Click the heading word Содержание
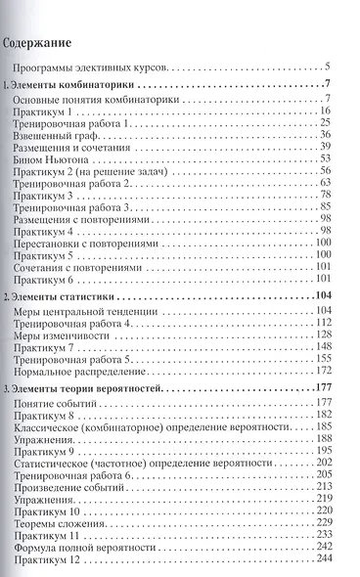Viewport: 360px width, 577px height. pos(43,43)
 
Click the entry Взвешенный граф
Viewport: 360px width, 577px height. pos(60,135)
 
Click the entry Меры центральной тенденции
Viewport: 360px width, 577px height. pos(94,311)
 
